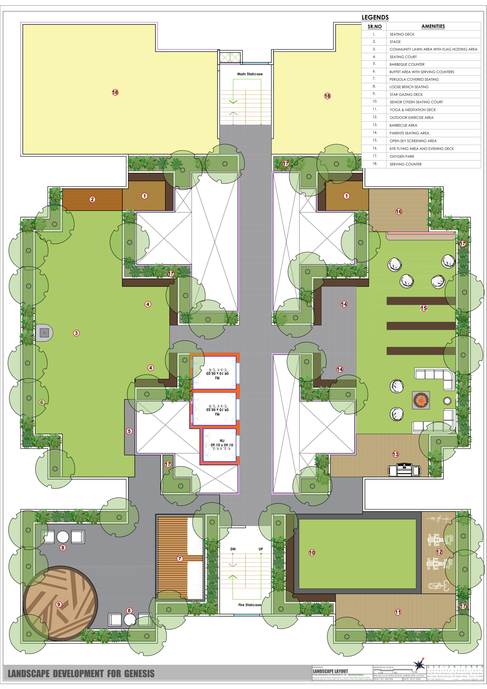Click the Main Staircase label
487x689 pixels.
pyautogui.click(x=250, y=74)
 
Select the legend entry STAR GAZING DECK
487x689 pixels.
pyautogui.click(x=406, y=94)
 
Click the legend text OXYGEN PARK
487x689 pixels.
pyautogui.click(x=402, y=156)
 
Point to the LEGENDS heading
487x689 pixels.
pyautogui.click(x=375, y=17)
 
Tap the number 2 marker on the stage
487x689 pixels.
pyautogui.click(x=92, y=199)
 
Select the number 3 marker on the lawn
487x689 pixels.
pyautogui.click(x=76, y=333)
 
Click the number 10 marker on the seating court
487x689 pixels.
pyautogui.click(x=312, y=553)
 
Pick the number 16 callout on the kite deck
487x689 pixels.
pyautogui.click(x=399, y=212)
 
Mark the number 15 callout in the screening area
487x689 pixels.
pyautogui.click(x=424, y=308)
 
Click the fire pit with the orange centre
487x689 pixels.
pyautogui.click(x=421, y=400)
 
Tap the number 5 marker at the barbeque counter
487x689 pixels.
pyautogui.click(x=129, y=431)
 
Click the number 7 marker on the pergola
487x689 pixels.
pyautogui.click(x=180, y=558)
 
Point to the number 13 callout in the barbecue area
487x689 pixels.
pyautogui.click(x=395, y=454)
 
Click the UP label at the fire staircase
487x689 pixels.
pyautogui.click(x=261, y=549)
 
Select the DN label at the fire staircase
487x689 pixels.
pyautogui.click(x=233, y=549)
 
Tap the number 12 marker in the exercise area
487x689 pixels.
pyautogui.click(x=439, y=552)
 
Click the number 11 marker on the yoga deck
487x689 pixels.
pyautogui.click(x=398, y=612)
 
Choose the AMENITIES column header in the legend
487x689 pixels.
pyautogui.click(x=433, y=26)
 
